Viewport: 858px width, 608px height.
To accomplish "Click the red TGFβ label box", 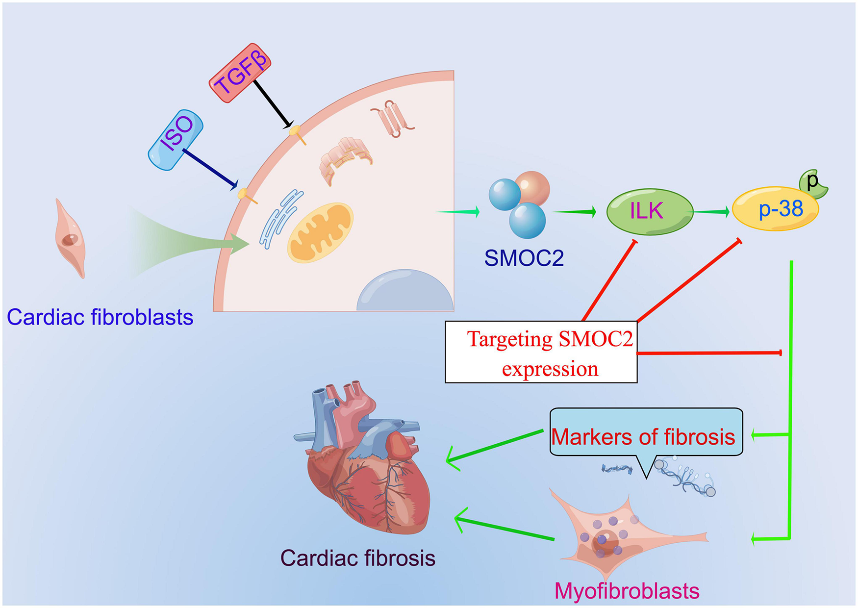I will coord(240,73).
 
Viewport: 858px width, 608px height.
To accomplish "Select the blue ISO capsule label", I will coord(176,140).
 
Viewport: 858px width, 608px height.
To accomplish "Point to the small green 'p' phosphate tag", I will coord(813,183).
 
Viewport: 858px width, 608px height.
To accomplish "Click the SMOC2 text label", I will coord(524,258).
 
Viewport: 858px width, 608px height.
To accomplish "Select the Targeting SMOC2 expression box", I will coord(541,352).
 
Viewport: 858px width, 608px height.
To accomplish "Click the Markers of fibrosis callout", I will coord(645,433).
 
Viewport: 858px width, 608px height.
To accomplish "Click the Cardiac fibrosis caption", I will coord(357,558).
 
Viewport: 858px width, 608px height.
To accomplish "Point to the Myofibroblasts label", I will coord(626,591).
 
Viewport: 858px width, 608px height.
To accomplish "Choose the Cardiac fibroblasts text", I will coord(100,317).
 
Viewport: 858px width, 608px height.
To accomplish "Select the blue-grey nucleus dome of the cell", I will coord(405,292).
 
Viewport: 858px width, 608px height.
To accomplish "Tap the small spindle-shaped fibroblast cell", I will coord(70,239).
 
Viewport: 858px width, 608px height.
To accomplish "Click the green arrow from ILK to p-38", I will coord(712,211).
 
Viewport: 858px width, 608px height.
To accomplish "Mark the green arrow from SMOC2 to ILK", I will coord(574,212).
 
